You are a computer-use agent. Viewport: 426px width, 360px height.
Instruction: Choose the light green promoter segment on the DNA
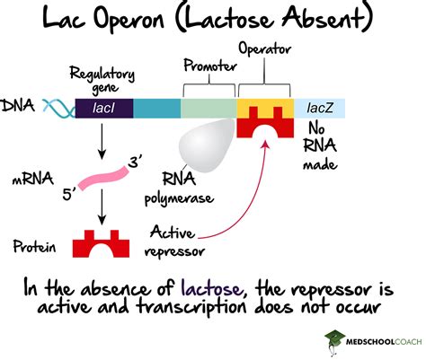coord(208,109)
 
